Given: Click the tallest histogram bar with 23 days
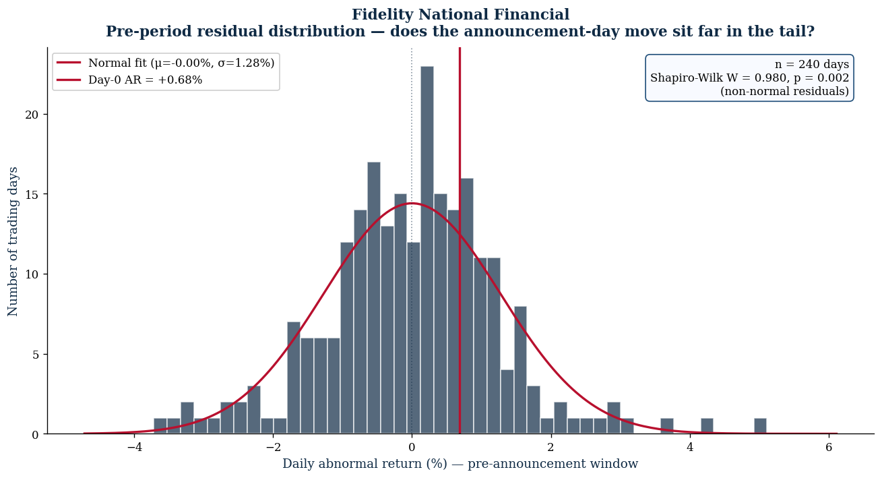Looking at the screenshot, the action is pyautogui.click(x=427, y=250).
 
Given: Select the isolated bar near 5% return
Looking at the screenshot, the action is pyautogui.click(x=760, y=426).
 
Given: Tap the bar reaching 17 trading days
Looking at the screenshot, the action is pyautogui.click(x=374, y=298).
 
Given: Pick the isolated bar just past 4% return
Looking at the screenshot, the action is pyautogui.click(x=707, y=426).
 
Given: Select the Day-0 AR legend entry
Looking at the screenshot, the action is pyautogui.click(x=129, y=80).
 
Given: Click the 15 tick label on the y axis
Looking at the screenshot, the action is pyautogui.click(x=32, y=195).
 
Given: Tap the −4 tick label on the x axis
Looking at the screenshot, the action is pyautogui.click(x=134, y=447).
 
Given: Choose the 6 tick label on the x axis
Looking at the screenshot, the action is pyautogui.click(x=829, y=447).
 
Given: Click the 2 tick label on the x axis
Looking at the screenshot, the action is pyautogui.click(x=551, y=447).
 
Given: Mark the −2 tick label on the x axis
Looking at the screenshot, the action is pyautogui.click(x=273, y=447).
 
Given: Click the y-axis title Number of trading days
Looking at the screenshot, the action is pyautogui.click(x=13, y=241).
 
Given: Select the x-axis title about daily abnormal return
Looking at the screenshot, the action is pyautogui.click(x=460, y=464).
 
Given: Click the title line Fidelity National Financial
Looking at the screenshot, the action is pyautogui.click(x=460, y=15).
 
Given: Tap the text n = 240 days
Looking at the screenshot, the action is pyautogui.click(x=812, y=64).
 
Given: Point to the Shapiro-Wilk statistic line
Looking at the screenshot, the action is pyautogui.click(x=749, y=78).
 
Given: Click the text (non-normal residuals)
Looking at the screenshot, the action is pyautogui.click(x=785, y=92).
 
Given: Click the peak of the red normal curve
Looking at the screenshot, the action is pyautogui.click(x=412, y=204).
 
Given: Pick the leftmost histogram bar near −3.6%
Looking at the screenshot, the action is pyautogui.click(x=160, y=426).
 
